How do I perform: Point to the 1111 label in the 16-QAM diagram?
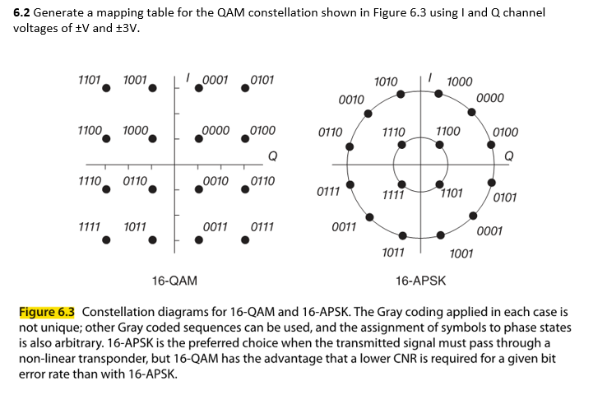pos(89,225)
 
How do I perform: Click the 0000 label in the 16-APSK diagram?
pos(490,99)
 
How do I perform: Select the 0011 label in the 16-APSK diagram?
pos(344,225)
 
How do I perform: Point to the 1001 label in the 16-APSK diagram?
pos(461,253)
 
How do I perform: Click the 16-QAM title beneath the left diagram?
pos(174,281)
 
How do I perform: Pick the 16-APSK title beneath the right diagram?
pos(420,281)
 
